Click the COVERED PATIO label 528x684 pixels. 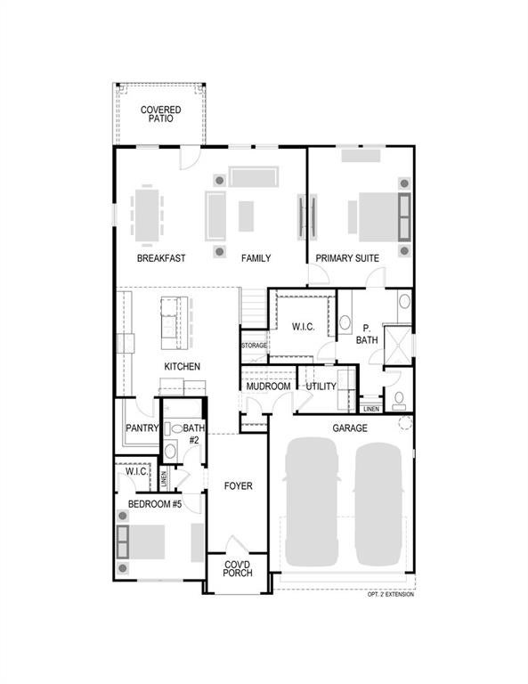click(160, 114)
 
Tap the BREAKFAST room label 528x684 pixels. click(161, 258)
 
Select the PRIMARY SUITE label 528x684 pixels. click(347, 258)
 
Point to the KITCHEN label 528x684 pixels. click(182, 366)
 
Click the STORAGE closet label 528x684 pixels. click(254, 346)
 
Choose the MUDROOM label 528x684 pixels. click(268, 387)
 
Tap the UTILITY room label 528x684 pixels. click(321, 387)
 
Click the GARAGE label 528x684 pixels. click(350, 428)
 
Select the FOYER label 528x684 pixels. click(238, 486)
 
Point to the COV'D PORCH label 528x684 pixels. click(238, 568)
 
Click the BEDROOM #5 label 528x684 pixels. click(155, 504)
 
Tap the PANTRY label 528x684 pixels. click(142, 428)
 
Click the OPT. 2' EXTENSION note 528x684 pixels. click(391, 594)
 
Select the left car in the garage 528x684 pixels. click(312, 501)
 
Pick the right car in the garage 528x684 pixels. click(378, 504)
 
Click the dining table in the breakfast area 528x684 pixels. click(147, 215)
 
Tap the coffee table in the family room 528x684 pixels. click(246, 216)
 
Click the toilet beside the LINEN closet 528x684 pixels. click(399, 401)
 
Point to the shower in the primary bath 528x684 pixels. click(397, 346)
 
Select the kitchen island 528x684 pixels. click(175, 322)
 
